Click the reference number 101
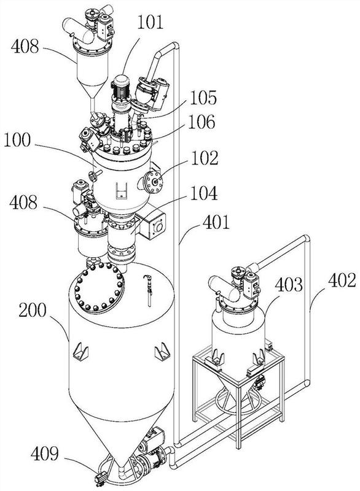(x=151, y=23)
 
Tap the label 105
(x=203, y=98)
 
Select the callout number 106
(x=202, y=122)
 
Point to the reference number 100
(x=18, y=140)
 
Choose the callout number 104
(x=204, y=193)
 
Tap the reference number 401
(x=216, y=223)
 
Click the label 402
(x=342, y=280)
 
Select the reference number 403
(x=289, y=285)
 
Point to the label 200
(x=33, y=311)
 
